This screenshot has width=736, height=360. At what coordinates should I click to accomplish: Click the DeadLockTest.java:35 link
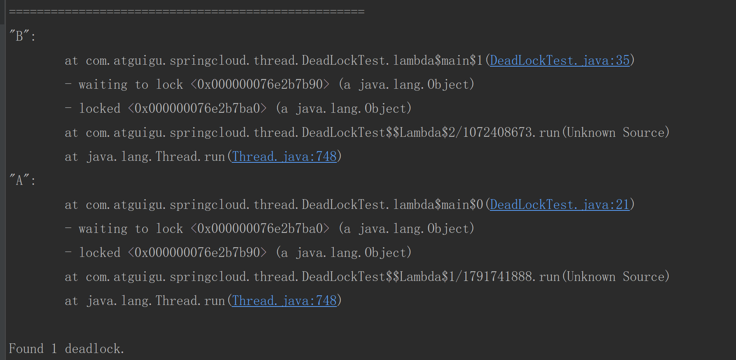[560, 60]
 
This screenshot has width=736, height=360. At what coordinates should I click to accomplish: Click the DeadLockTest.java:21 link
[560, 205]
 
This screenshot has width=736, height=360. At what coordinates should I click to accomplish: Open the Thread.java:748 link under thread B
[284, 157]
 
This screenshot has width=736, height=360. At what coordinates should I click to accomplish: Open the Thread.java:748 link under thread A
[284, 301]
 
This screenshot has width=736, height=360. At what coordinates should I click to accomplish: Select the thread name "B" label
[19, 36]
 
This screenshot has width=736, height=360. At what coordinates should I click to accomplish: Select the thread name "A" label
[19, 180]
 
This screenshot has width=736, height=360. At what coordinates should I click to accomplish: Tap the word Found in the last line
[26, 349]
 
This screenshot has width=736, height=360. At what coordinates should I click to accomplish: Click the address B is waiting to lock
[260, 84]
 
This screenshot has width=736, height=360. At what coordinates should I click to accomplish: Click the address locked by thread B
[197, 109]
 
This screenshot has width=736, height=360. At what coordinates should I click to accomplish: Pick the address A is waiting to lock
[260, 229]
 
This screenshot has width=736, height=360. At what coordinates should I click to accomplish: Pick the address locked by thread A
[197, 253]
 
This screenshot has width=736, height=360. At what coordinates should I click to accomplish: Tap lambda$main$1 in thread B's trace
[438, 60]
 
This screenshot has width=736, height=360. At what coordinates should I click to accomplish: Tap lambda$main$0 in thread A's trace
[438, 205]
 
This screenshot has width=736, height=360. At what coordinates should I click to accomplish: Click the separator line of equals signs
[186, 11]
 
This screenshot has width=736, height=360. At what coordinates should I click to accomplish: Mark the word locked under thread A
[100, 253]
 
